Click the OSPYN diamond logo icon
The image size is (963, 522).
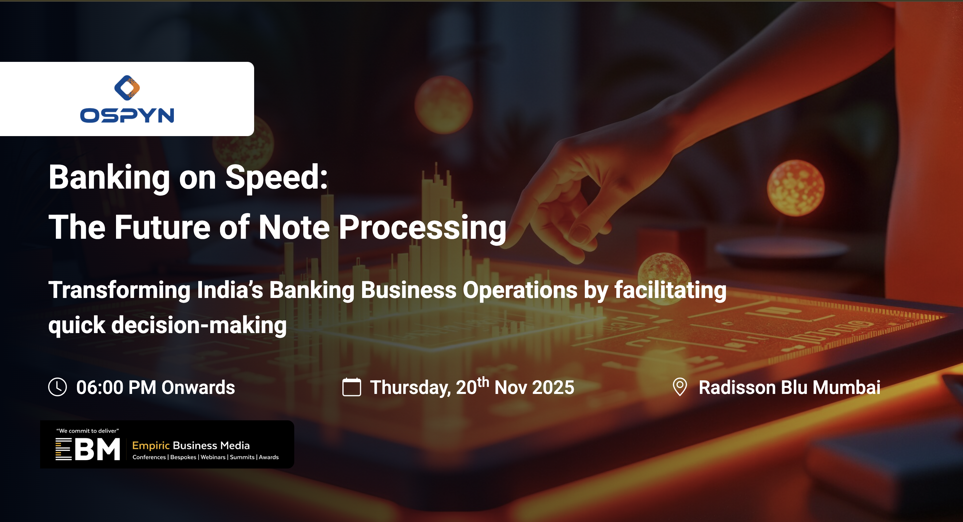[x=127, y=88]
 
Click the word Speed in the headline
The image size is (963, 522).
[x=277, y=179]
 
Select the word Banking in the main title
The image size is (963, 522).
[x=109, y=178]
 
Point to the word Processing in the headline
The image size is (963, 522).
[x=422, y=228]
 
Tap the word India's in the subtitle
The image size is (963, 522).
[x=230, y=290]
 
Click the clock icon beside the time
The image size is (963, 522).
[x=58, y=387]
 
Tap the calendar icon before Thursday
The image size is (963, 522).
[x=351, y=387]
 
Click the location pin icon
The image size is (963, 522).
[x=680, y=387]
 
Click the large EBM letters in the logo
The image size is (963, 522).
[x=88, y=449]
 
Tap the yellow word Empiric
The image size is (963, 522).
[x=151, y=446]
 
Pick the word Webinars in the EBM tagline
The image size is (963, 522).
[x=213, y=457]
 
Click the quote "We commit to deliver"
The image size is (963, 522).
[x=88, y=431]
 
